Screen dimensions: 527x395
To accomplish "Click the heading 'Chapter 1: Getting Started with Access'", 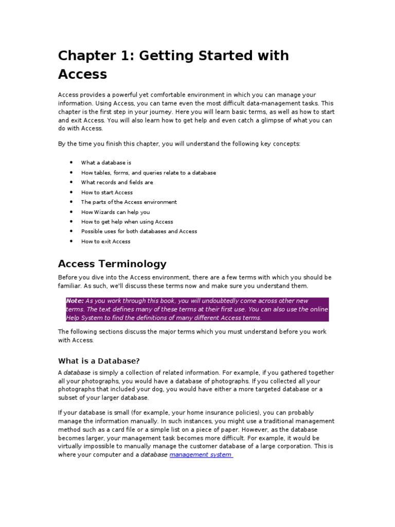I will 173,64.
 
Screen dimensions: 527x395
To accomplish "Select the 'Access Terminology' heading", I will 112,264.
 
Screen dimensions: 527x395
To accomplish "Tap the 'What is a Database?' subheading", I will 99,360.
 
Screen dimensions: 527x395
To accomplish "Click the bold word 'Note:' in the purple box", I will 75,301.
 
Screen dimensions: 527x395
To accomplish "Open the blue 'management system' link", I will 201,455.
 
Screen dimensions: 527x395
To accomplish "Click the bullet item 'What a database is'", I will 106,163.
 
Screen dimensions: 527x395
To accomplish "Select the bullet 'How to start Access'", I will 106,192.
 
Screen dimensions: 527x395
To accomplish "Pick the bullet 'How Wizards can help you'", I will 115,212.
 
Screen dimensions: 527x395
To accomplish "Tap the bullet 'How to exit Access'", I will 105,241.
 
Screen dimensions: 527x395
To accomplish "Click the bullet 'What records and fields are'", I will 117,182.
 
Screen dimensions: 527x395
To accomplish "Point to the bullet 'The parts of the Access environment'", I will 129,202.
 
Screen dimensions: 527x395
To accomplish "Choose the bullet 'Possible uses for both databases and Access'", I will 139,232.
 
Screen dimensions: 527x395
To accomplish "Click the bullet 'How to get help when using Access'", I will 127,222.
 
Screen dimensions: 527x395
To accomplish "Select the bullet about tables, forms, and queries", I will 148,172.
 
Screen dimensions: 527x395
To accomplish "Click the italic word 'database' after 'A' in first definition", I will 77,373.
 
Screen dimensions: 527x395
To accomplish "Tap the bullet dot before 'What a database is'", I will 71,163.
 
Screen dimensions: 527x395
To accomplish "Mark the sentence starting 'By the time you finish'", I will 179,144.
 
